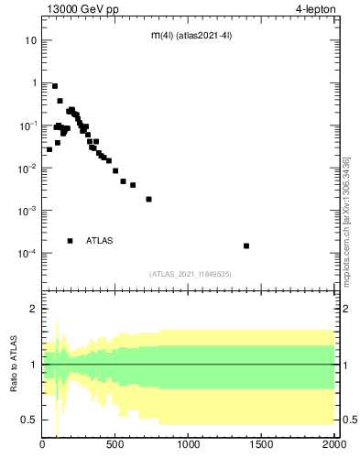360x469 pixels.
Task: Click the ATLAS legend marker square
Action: click(x=71, y=241)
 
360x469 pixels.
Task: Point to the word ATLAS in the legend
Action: click(x=100, y=241)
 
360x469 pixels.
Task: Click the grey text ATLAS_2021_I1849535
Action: click(x=190, y=273)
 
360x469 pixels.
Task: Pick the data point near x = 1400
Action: click(x=246, y=245)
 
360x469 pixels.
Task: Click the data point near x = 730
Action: click(x=148, y=199)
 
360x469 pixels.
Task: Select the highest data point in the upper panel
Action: click(x=55, y=86)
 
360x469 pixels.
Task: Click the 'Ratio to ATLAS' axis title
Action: click(x=14, y=364)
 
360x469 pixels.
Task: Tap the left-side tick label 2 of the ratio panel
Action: click(x=33, y=310)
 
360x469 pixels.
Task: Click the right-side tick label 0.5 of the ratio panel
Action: click(x=347, y=420)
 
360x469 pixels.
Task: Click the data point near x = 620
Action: click(x=133, y=185)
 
